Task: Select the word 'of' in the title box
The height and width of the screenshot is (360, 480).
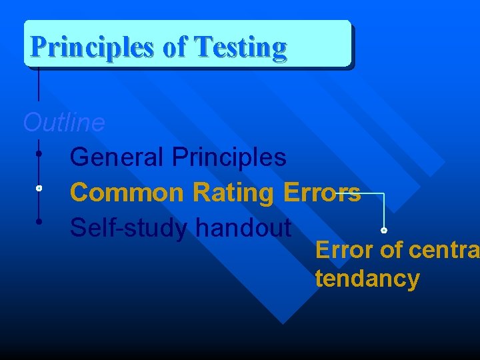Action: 175,47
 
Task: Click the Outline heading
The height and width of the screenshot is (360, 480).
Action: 64,123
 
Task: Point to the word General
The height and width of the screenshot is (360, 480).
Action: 117,158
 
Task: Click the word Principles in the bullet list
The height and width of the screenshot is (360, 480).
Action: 229,158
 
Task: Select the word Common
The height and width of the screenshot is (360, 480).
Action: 127,193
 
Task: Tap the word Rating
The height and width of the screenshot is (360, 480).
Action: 233,193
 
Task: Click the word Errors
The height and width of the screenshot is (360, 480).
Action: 322,193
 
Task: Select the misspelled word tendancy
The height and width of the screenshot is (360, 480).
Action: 367,279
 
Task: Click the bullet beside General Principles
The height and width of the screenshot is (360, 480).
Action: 39,154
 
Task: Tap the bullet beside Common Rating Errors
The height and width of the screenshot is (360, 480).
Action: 39,189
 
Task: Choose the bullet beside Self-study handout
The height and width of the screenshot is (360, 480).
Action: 39,221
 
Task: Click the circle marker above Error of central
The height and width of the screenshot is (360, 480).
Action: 384,231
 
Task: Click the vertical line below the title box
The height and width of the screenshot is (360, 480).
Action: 39,83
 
